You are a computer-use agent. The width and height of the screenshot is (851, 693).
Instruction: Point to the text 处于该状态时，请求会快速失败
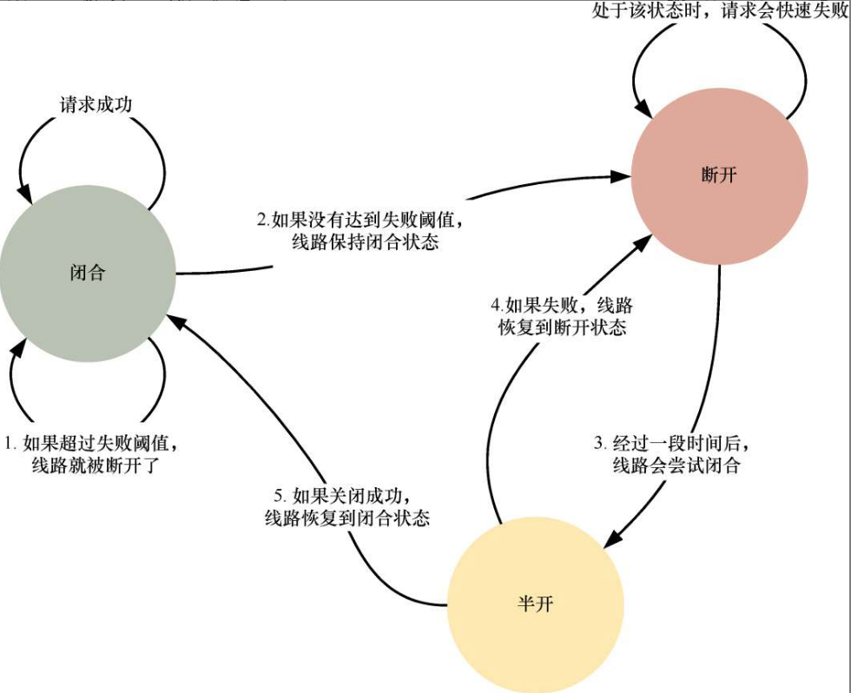[x=719, y=12]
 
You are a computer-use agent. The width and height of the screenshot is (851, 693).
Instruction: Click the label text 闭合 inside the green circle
[x=87, y=273]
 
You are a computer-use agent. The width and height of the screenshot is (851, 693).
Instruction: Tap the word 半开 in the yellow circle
[x=535, y=604]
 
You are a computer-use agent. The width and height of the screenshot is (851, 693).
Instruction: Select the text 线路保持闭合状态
[x=366, y=242]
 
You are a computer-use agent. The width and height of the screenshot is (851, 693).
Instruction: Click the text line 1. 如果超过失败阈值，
[x=94, y=443]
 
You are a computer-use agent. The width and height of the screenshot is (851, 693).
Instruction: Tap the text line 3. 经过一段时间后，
[x=669, y=443]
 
